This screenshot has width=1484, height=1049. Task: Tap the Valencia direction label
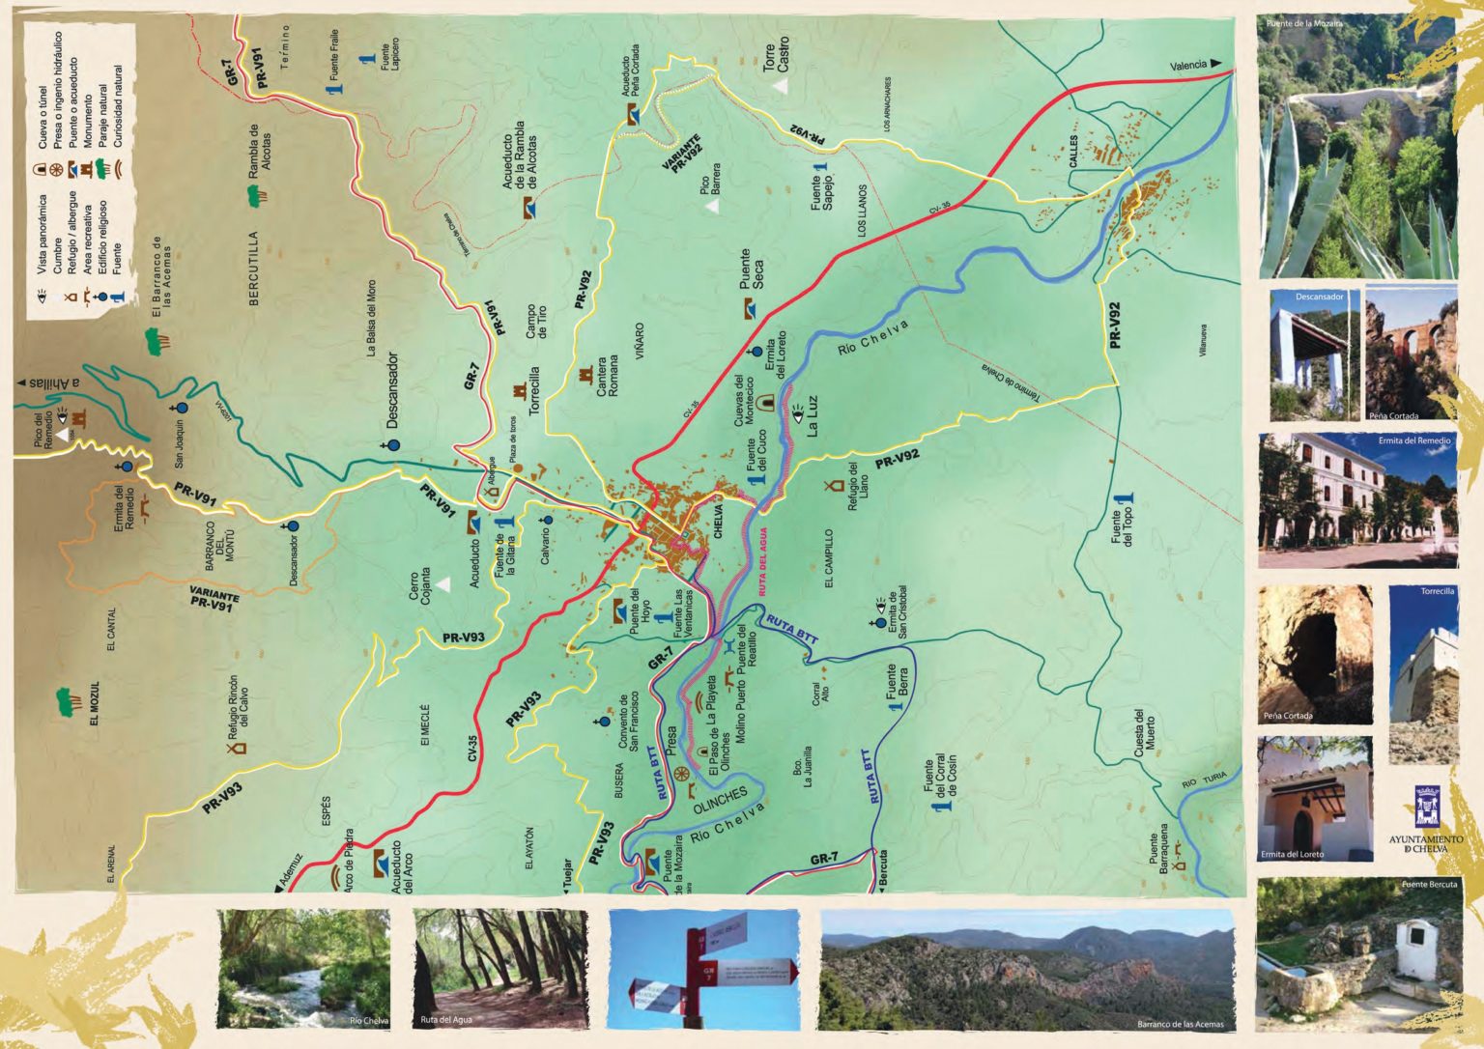1188,66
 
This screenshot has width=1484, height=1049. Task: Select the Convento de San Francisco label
628,722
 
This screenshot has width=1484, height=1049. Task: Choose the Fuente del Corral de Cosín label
940,782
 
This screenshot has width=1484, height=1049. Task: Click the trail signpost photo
703,969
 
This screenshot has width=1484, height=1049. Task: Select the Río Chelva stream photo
304,968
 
